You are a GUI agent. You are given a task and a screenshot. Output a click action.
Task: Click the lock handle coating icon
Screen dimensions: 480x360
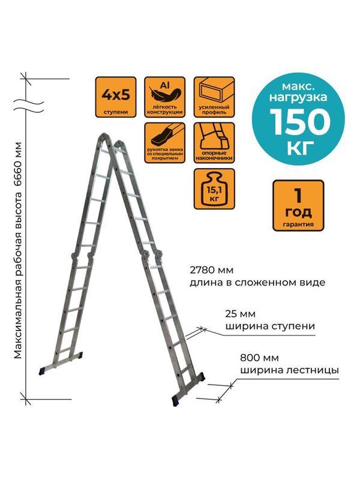pyautogui.click(x=161, y=143)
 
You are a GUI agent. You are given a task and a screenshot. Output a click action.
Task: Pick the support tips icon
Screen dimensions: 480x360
pyautogui.click(x=209, y=143)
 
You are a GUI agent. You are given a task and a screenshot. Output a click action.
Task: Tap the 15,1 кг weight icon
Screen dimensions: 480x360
pyautogui.click(x=209, y=190)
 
